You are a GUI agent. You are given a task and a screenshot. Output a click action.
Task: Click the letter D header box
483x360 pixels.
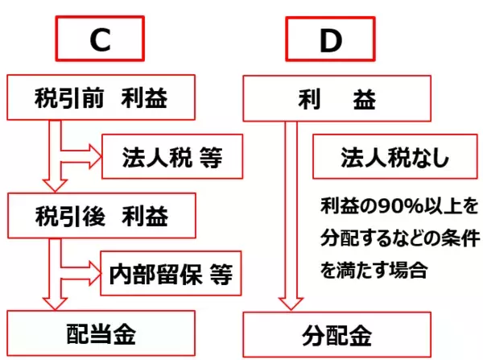coord(330,41)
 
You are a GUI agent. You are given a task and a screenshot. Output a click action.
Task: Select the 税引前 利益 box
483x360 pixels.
coord(101,98)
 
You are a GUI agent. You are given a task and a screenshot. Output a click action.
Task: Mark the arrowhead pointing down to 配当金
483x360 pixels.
coord(54,301)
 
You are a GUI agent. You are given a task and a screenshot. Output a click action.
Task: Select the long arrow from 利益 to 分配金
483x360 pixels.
coord(292,217)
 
